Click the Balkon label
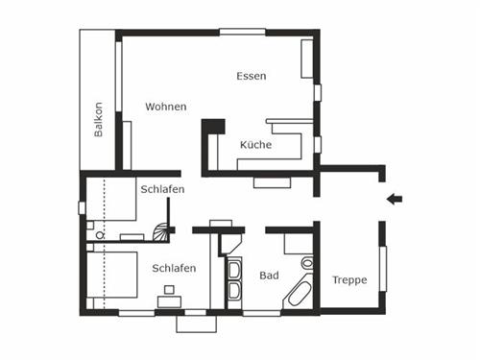pyautogui.click(x=98, y=119)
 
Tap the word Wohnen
pyautogui.click(x=166, y=107)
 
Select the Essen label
pyautogui.click(x=251, y=76)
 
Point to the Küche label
pyautogui.click(x=255, y=145)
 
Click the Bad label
pyautogui.click(x=269, y=276)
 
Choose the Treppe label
pyautogui.click(x=349, y=280)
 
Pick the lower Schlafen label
pyautogui.click(x=174, y=269)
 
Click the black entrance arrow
pyautogui.click(x=394, y=200)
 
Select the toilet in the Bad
pyautogui.click(x=306, y=262)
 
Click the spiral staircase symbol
pyautogui.click(x=163, y=230)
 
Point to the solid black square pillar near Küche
pyautogui.click(x=213, y=126)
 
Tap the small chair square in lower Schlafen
pyautogui.click(x=169, y=289)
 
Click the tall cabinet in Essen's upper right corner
pyautogui.click(x=307, y=60)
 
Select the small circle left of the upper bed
pyautogui.click(x=100, y=232)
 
